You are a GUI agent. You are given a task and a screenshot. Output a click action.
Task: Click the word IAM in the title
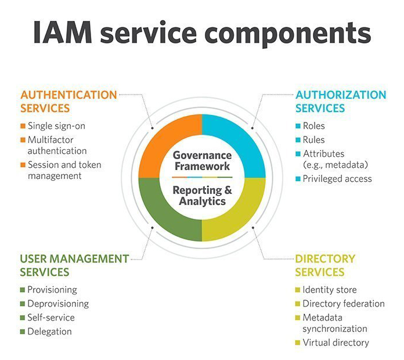click(63, 32)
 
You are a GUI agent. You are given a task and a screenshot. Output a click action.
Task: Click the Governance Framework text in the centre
click(202, 160)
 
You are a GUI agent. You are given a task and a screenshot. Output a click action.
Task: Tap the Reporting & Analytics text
click(202, 196)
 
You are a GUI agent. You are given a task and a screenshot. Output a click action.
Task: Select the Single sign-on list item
click(56, 126)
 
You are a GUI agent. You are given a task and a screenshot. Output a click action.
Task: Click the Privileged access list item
click(337, 179)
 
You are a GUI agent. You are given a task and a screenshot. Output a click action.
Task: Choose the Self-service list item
click(51, 318)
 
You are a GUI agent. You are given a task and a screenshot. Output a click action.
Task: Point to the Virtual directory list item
click(336, 343)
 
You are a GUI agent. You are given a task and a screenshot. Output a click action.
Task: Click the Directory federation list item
click(344, 304)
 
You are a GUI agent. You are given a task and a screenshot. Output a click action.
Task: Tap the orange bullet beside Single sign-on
click(23, 126)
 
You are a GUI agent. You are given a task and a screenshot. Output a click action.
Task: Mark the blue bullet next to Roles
click(298, 126)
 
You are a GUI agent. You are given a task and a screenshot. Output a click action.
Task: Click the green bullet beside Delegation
click(23, 332)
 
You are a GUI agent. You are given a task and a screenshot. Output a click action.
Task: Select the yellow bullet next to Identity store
click(298, 290)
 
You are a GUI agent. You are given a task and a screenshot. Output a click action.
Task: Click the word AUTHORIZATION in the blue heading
click(341, 95)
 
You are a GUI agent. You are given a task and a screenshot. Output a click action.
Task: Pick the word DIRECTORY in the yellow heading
click(325, 259)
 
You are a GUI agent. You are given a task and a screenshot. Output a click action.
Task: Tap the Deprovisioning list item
click(58, 304)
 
